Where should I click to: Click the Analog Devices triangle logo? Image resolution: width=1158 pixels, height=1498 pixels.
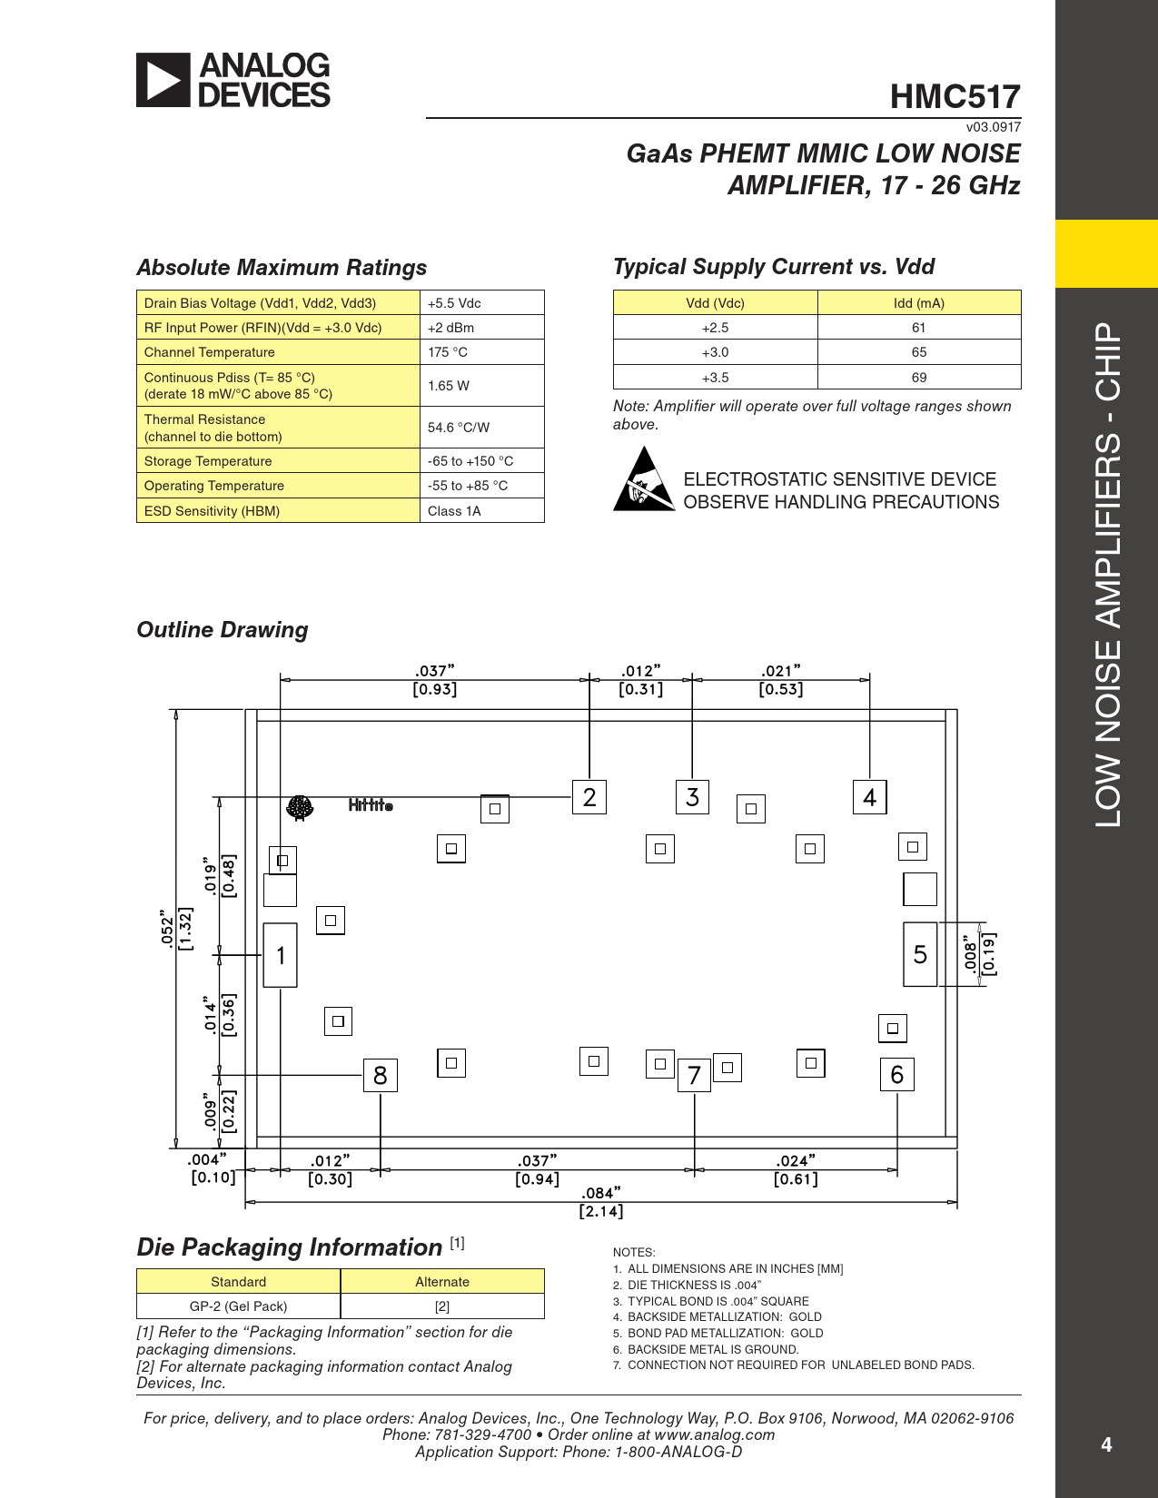coord(163,80)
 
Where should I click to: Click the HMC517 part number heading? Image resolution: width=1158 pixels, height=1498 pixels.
coord(955,96)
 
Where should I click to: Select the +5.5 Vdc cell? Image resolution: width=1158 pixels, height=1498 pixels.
coord(481,303)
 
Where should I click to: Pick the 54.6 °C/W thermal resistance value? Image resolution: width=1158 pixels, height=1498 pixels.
coord(481,428)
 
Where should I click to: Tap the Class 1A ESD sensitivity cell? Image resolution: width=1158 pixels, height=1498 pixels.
coord(481,511)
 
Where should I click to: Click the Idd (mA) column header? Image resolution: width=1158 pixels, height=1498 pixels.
coord(919,303)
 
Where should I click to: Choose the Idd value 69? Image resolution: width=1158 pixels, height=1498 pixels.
coord(919,378)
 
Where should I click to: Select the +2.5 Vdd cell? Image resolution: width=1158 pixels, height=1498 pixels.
coord(715,328)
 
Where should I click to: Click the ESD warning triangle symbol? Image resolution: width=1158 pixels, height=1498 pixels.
coord(643,480)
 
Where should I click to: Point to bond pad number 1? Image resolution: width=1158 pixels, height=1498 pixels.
coord(281,955)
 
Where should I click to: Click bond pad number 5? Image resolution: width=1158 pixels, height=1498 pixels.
coord(920,954)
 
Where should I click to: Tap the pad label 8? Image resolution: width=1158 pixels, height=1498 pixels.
coord(381,1076)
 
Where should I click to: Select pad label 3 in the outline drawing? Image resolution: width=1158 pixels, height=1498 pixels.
coord(693,797)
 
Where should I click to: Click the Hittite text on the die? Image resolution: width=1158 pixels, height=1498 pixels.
coord(371,805)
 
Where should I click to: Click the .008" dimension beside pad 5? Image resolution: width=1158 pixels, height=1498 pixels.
coord(971,955)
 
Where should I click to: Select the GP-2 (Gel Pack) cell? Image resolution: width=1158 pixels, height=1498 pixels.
coord(238,1306)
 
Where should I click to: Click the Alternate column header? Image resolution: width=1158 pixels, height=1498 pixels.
coord(442,1282)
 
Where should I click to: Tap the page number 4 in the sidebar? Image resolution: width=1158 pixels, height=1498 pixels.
coord(1106,1444)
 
